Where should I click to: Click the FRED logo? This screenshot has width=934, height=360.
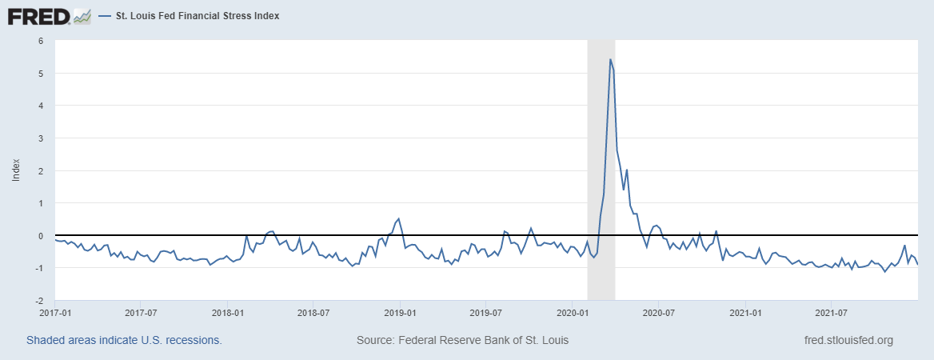[39, 16]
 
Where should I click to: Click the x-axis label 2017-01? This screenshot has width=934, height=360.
[56, 312]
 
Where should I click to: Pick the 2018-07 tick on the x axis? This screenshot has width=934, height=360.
[313, 312]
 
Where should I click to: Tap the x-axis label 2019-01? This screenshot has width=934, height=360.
[400, 312]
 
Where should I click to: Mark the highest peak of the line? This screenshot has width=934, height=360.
[610, 59]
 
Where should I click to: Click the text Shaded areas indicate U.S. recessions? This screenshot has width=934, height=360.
[124, 340]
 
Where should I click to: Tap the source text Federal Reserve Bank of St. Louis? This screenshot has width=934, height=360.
[462, 340]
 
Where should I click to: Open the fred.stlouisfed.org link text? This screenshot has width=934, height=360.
[848, 340]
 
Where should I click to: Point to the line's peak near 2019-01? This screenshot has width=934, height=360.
[399, 218]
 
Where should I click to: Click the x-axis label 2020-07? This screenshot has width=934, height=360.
[657, 312]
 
